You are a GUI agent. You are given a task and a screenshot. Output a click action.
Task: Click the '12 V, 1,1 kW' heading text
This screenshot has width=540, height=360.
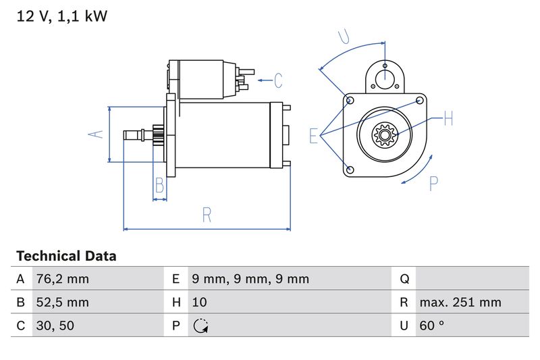pos(61,17)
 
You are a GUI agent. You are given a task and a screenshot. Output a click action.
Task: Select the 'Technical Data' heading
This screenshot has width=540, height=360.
pos(66,257)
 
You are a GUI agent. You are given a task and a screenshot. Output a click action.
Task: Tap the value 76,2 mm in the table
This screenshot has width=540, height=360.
pos(61,279)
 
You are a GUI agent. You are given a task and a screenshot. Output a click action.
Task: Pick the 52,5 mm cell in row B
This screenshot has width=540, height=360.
pos(61,303)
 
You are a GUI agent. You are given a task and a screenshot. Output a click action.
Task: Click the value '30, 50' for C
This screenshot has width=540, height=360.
pos(55,326)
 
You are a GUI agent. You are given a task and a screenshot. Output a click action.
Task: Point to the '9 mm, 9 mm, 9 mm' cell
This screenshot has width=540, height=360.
pos(250,279)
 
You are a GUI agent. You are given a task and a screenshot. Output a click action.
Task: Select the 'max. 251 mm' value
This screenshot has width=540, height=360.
pos(460,303)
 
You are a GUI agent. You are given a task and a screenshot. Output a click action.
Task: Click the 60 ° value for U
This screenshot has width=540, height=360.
pos(432,326)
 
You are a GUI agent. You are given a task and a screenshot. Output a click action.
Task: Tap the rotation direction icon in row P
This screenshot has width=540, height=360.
pos(200,326)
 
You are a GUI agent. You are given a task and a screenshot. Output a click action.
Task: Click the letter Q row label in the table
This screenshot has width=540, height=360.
pos(405,279)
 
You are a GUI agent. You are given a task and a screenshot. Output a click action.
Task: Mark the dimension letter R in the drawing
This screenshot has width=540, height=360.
pos(207,215)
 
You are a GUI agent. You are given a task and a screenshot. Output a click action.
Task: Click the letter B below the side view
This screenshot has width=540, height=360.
pos(160,184)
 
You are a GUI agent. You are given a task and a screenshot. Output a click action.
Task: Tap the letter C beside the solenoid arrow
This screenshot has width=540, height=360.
pos(278,80)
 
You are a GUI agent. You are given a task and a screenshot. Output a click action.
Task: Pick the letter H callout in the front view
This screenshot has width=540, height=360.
pos(448,120)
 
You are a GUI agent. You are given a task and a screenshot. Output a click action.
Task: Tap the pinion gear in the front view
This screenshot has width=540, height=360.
pos(384,136)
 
